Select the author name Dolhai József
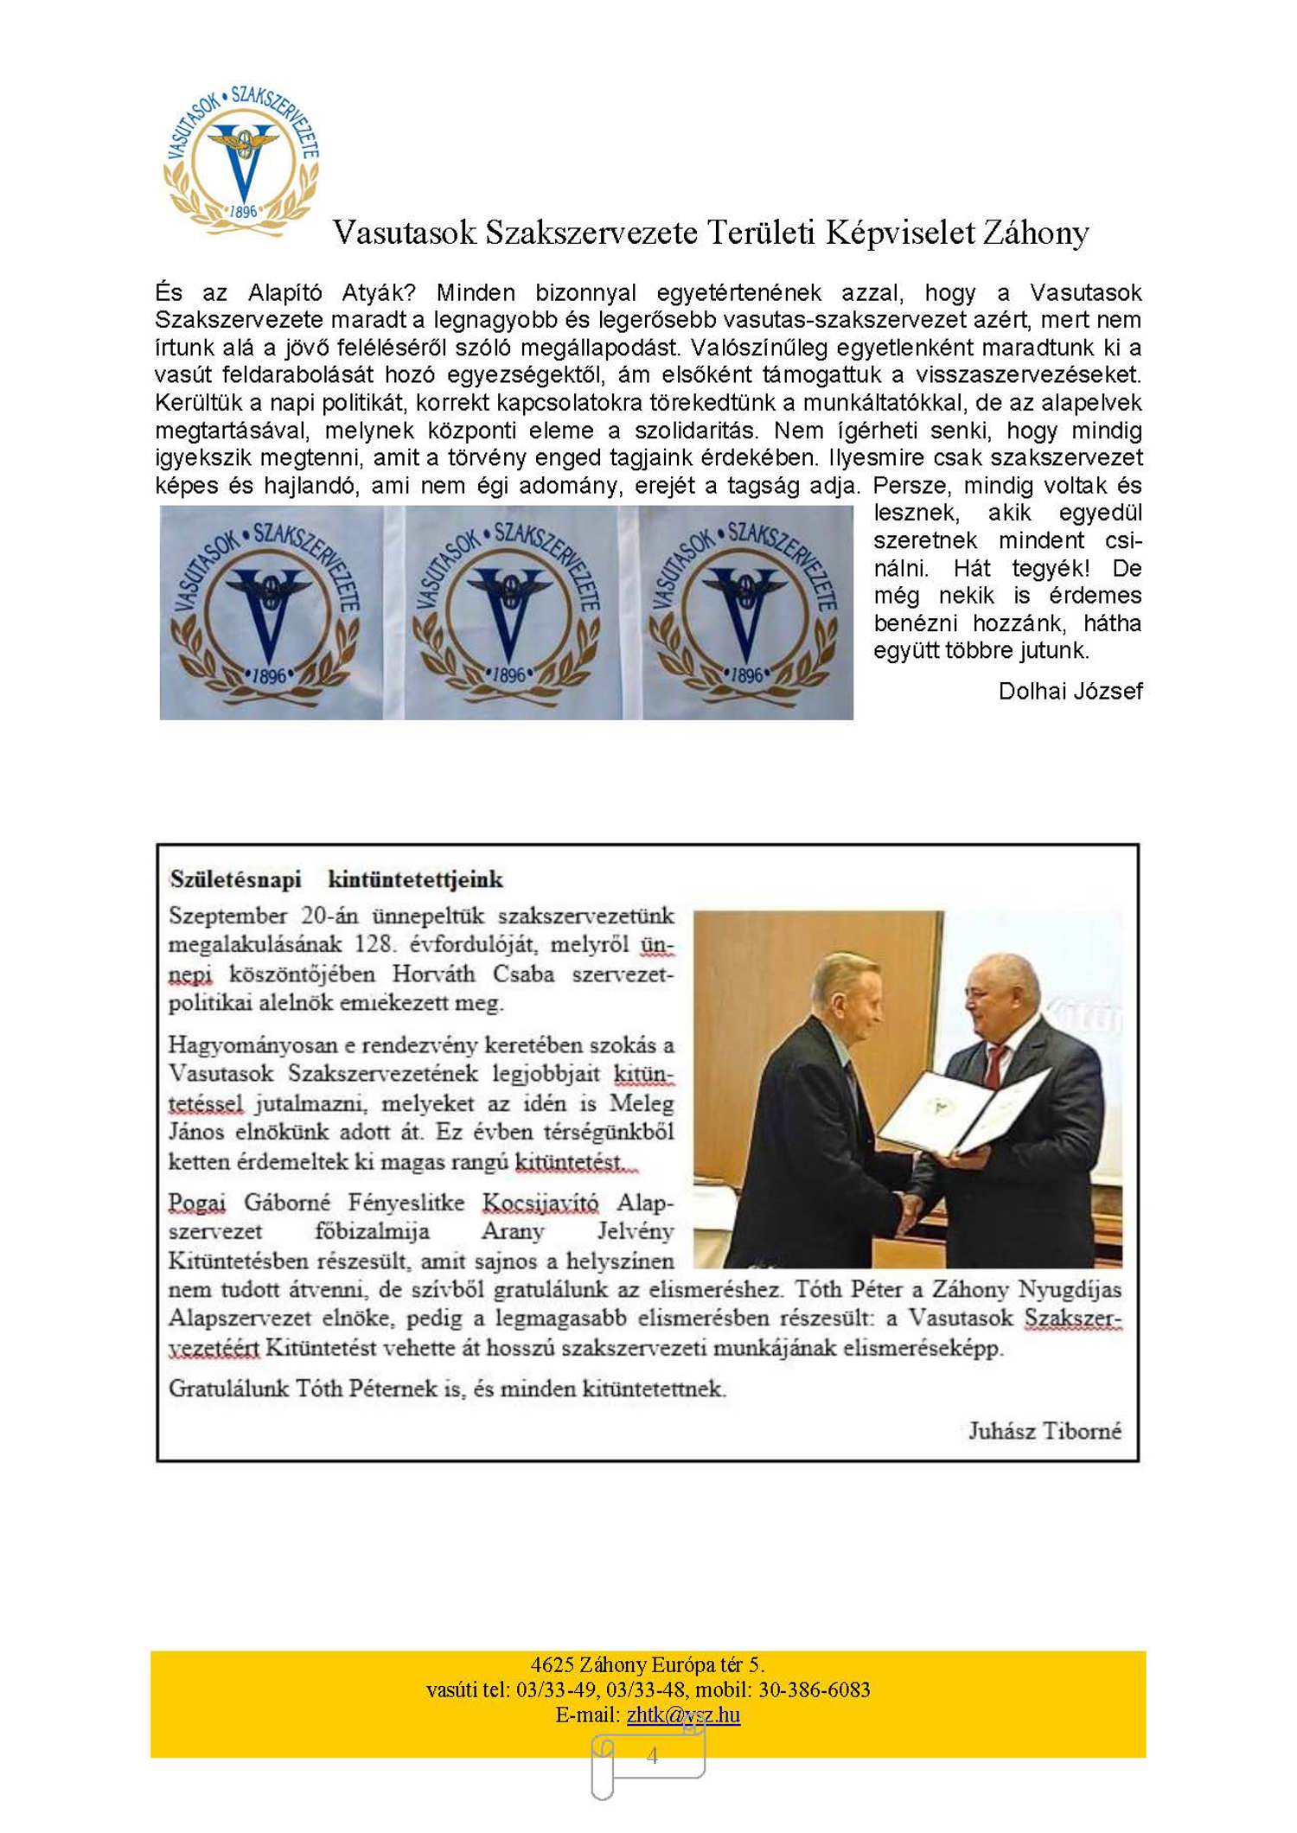(1070, 691)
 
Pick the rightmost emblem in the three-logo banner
(745, 611)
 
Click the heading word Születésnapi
(235, 879)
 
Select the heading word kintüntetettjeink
(415, 879)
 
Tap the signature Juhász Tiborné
(1044, 1430)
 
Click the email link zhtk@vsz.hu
(683, 1715)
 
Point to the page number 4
(652, 1755)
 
